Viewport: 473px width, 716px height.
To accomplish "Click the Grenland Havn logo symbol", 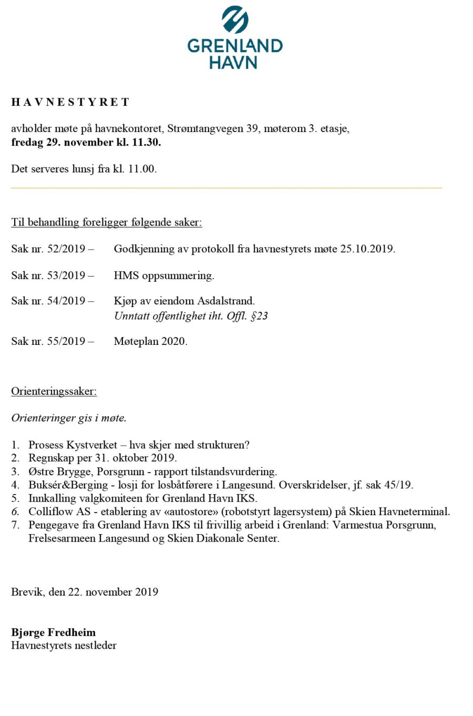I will (x=234, y=20).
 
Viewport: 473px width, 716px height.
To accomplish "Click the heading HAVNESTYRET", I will (x=70, y=102).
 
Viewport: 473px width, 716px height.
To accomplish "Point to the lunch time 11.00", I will (x=142, y=169).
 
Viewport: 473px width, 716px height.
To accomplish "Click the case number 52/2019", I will (x=66, y=249).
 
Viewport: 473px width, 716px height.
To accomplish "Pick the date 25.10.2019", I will (x=367, y=249).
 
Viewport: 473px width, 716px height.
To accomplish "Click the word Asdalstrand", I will (x=226, y=301).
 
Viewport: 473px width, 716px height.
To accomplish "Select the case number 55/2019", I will (x=66, y=342).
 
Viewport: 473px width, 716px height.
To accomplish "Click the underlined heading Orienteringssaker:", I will (x=54, y=392).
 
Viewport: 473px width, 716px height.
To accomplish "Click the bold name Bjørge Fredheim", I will (x=53, y=632).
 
